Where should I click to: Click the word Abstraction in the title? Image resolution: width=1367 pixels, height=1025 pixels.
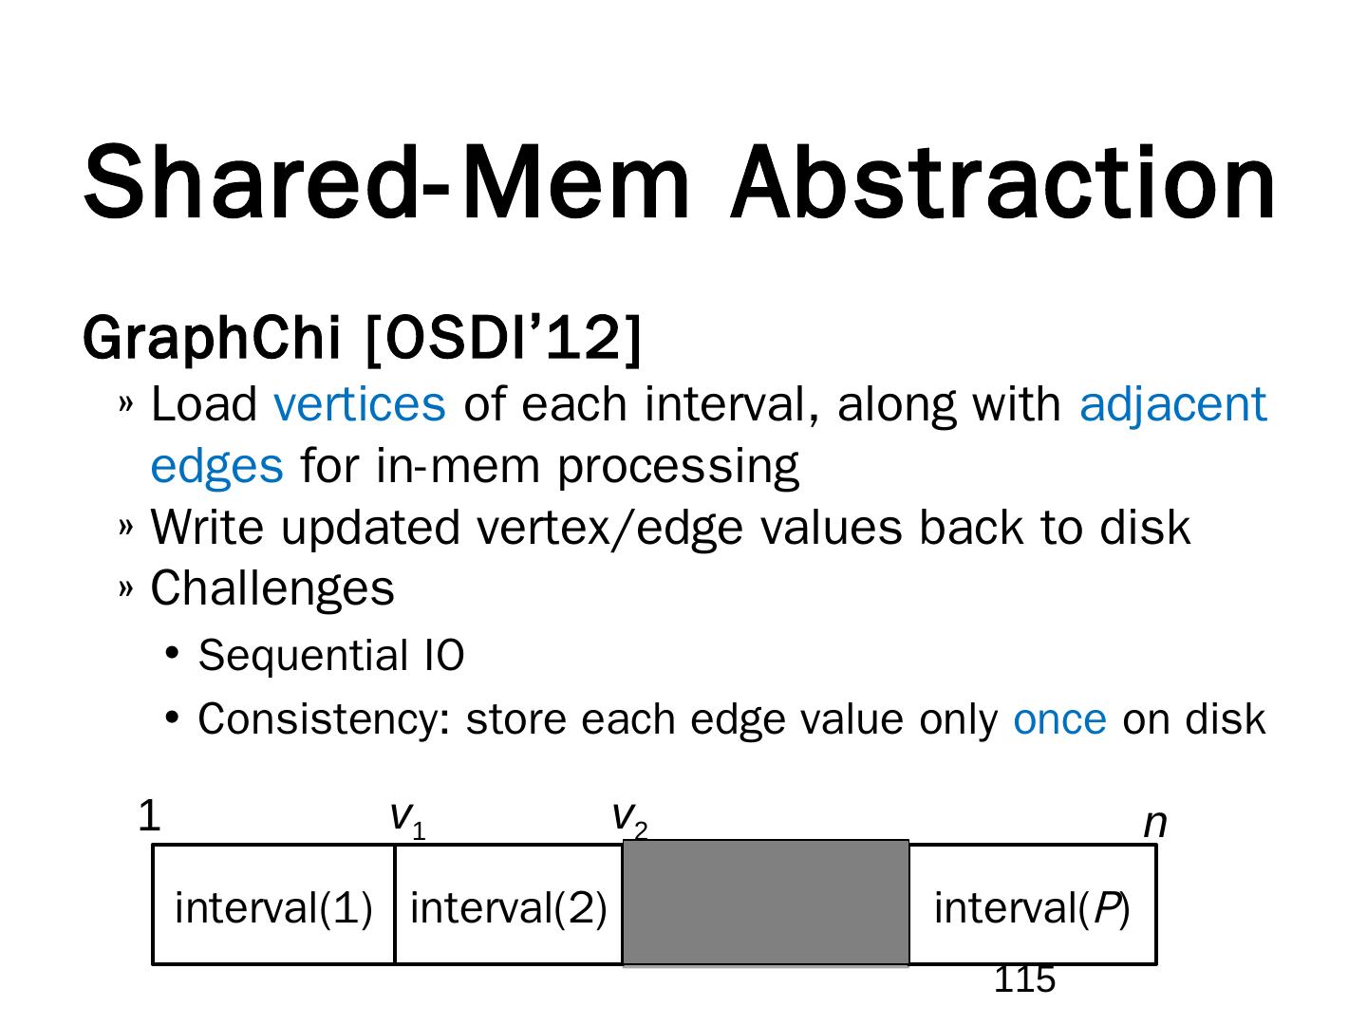click(x=1002, y=182)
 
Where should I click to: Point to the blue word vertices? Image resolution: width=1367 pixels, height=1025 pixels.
click(x=359, y=404)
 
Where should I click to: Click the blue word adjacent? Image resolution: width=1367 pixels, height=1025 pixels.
click(x=1172, y=404)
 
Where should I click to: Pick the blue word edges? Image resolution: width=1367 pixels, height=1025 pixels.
click(x=216, y=466)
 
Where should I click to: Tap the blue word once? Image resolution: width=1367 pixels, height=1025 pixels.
click(x=1059, y=719)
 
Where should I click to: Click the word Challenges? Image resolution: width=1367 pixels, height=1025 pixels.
click(x=272, y=588)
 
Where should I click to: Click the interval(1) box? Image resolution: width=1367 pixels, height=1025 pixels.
click(x=273, y=906)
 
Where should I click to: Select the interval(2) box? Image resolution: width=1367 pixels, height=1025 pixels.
click(x=508, y=906)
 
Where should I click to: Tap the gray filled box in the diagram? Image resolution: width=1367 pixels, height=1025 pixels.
click(x=765, y=903)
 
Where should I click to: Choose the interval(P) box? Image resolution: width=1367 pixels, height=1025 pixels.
click(x=1032, y=906)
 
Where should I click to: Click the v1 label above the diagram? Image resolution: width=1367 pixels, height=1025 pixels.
click(x=407, y=819)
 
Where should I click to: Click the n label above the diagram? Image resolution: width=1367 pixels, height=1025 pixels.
click(x=1154, y=824)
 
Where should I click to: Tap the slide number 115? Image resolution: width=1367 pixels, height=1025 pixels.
click(x=1024, y=980)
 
